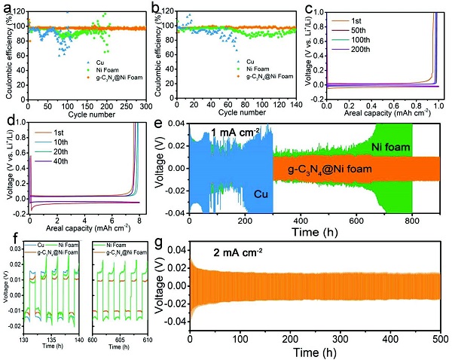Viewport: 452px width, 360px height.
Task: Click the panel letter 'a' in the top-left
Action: (7, 8)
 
